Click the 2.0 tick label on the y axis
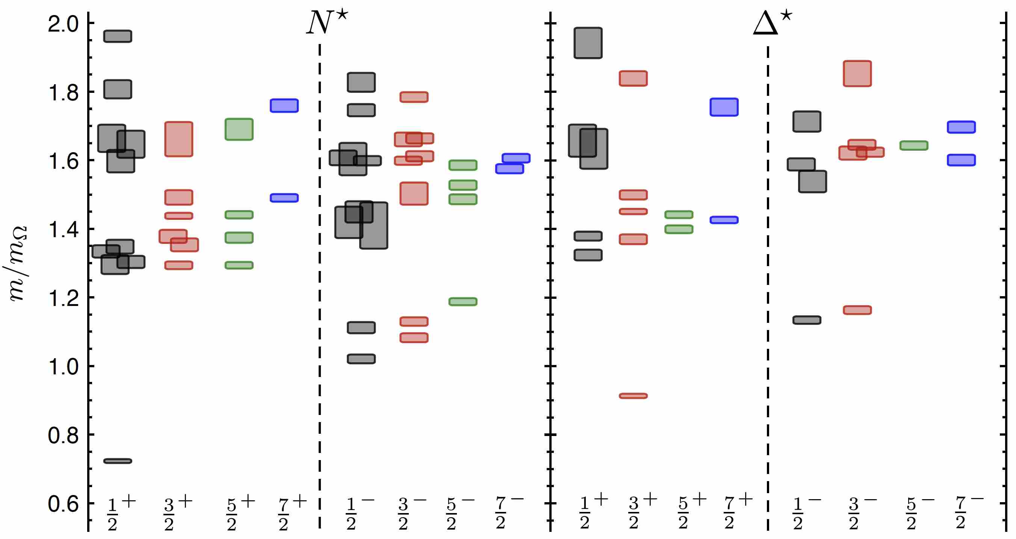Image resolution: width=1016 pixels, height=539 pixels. (x=63, y=24)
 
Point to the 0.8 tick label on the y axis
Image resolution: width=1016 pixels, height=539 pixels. (x=63, y=435)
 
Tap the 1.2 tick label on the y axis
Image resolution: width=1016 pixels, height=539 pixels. (x=63, y=298)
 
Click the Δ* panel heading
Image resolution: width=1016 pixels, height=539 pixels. (x=772, y=23)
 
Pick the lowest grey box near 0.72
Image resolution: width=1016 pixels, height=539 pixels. (x=118, y=461)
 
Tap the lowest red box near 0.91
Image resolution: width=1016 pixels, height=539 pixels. (x=633, y=396)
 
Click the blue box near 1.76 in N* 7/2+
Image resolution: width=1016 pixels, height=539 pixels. (x=284, y=105)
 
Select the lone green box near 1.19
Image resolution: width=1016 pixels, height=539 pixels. (x=463, y=301)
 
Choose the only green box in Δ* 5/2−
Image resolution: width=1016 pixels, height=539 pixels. (x=913, y=145)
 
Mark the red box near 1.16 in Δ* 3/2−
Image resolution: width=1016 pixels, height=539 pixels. (x=857, y=310)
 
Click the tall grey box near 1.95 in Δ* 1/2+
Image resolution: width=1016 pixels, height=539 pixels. (x=588, y=42)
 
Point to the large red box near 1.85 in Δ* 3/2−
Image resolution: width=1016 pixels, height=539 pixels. (x=857, y=73)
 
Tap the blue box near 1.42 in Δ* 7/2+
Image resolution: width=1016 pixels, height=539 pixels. (x=724, y=220)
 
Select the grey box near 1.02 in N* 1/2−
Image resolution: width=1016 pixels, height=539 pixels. (x=361, y=359)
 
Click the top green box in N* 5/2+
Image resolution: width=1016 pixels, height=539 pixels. (x=239, y=129)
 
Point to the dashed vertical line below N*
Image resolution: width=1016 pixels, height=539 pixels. (x=319, y=276)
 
